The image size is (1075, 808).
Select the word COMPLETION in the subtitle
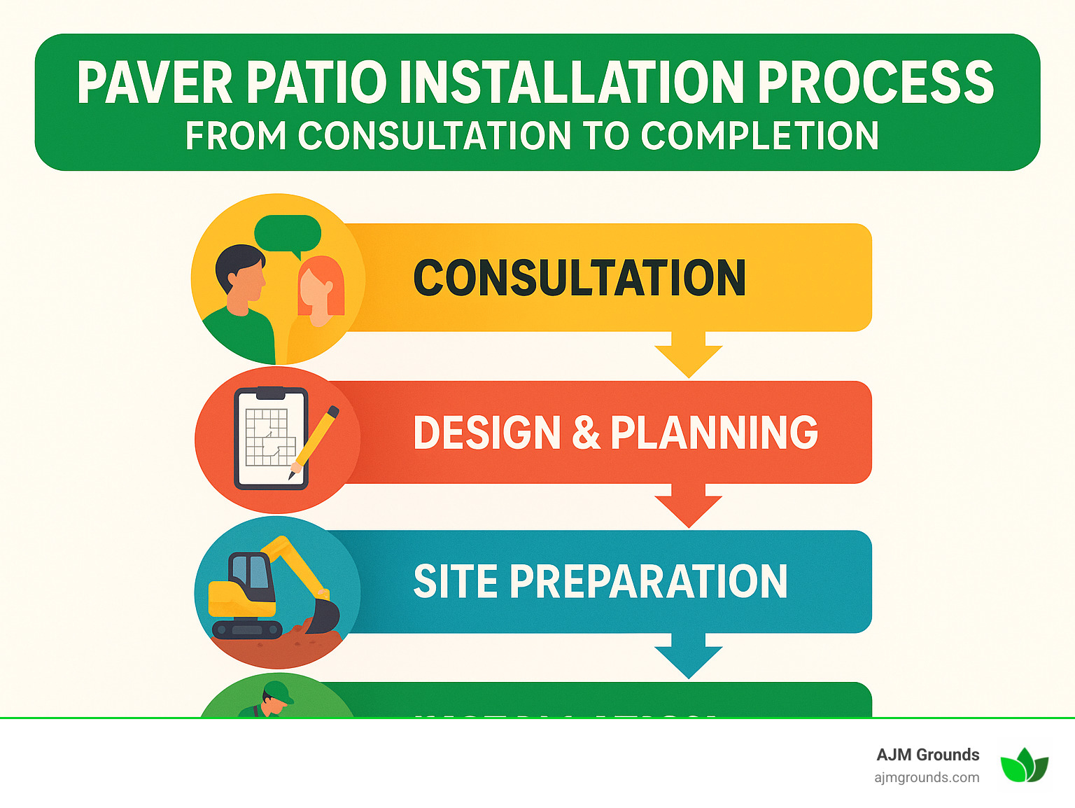[759, 136]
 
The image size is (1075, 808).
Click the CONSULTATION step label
[579, 278]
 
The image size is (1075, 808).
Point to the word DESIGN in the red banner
[487, 433]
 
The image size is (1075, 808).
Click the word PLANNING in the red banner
[714, 433]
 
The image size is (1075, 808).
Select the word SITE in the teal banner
[455, 581]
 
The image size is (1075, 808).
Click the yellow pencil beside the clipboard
[316, 441]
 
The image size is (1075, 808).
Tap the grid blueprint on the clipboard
[270, 438]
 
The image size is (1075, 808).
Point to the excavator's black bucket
[325, 615]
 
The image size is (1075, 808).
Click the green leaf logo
[1024, 765]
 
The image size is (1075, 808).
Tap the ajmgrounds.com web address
[927, 777]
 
